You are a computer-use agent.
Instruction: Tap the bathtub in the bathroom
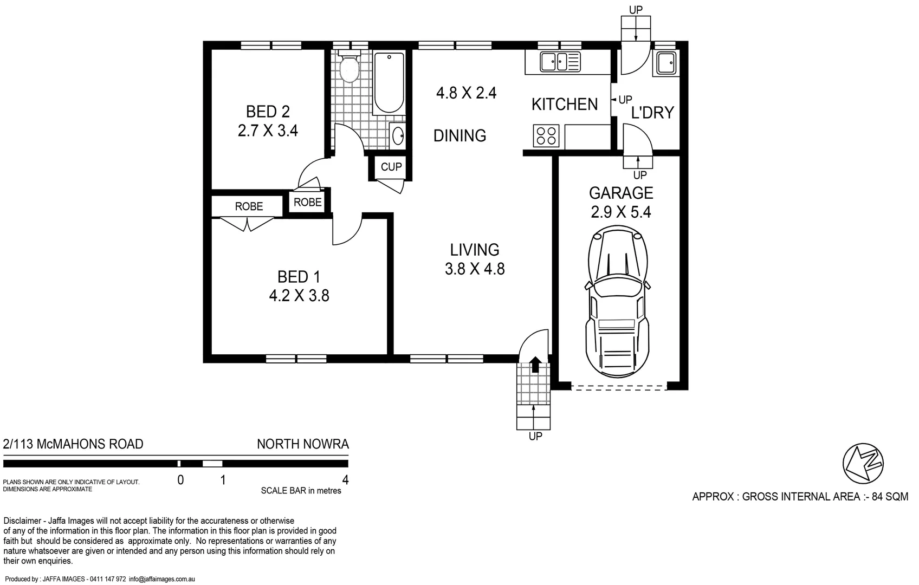tap(389, 82)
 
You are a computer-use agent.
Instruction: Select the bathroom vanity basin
tap(397, 135)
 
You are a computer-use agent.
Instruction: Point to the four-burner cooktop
tap(546, 136)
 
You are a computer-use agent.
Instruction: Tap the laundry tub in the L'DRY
tap(665, 63)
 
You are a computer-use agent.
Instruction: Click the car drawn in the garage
tap(617, 301)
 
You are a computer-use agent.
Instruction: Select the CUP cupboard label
tap(391, 167)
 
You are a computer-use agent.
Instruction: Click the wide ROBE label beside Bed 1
tap(249, 206)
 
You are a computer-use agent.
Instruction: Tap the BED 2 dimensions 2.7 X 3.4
tap(268, 131)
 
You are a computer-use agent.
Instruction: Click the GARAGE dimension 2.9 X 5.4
tap(621, 212)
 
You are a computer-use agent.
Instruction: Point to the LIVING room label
tap(475, 250)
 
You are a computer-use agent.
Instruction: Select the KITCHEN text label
tap(565, 104)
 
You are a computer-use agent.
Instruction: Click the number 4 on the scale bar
tap(346, 480)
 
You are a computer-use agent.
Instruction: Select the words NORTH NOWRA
tap(302, 444)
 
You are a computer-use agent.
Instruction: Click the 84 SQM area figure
tap(890, 497)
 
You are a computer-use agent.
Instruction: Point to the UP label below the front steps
tap(535, 437)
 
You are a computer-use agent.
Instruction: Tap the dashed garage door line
tap(619, 387)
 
